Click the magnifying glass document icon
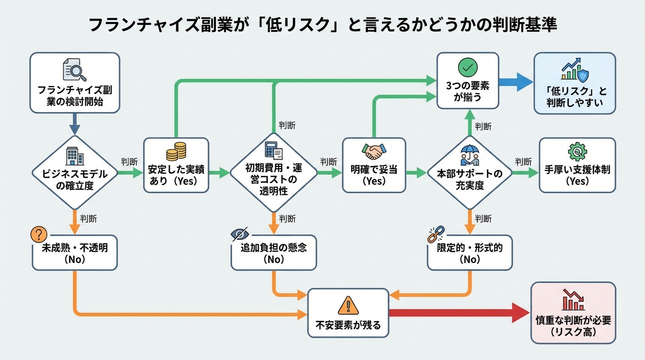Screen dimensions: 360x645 (x=75, y=72)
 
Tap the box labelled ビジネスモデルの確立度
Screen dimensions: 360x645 (x=75, y=173)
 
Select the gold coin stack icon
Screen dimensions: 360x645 (x=176, y=152)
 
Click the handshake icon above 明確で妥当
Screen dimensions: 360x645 (x=374, y=151)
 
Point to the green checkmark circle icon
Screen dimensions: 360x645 (x=467, y=68)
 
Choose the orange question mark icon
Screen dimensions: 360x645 (x=38, y=234)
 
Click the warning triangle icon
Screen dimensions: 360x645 (x=348, y=306)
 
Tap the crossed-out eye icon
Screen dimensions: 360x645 (x=240, y=234)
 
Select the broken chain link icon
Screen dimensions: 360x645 (x=435, y=234)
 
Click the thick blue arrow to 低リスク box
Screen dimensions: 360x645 (x=516, y=81)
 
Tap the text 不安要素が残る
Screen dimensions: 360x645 (x=348, y=324)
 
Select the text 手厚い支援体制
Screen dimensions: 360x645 (x=577, y=170)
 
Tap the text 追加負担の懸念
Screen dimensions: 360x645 (x=274, y=247)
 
